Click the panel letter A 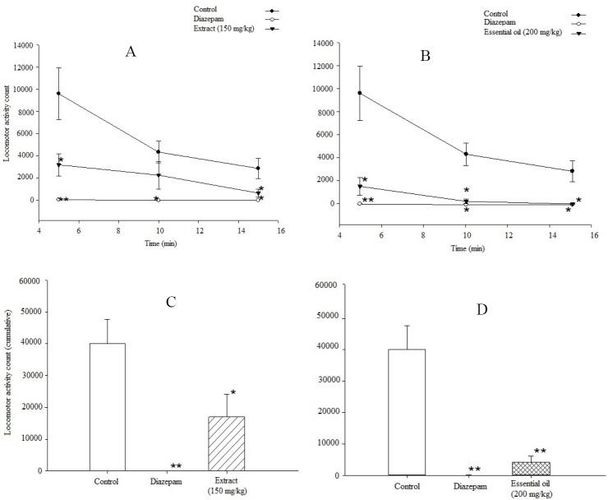point(131,51)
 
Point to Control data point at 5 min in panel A point(58,94)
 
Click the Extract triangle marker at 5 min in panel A point(58,165)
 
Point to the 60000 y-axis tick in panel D point(329,285)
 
